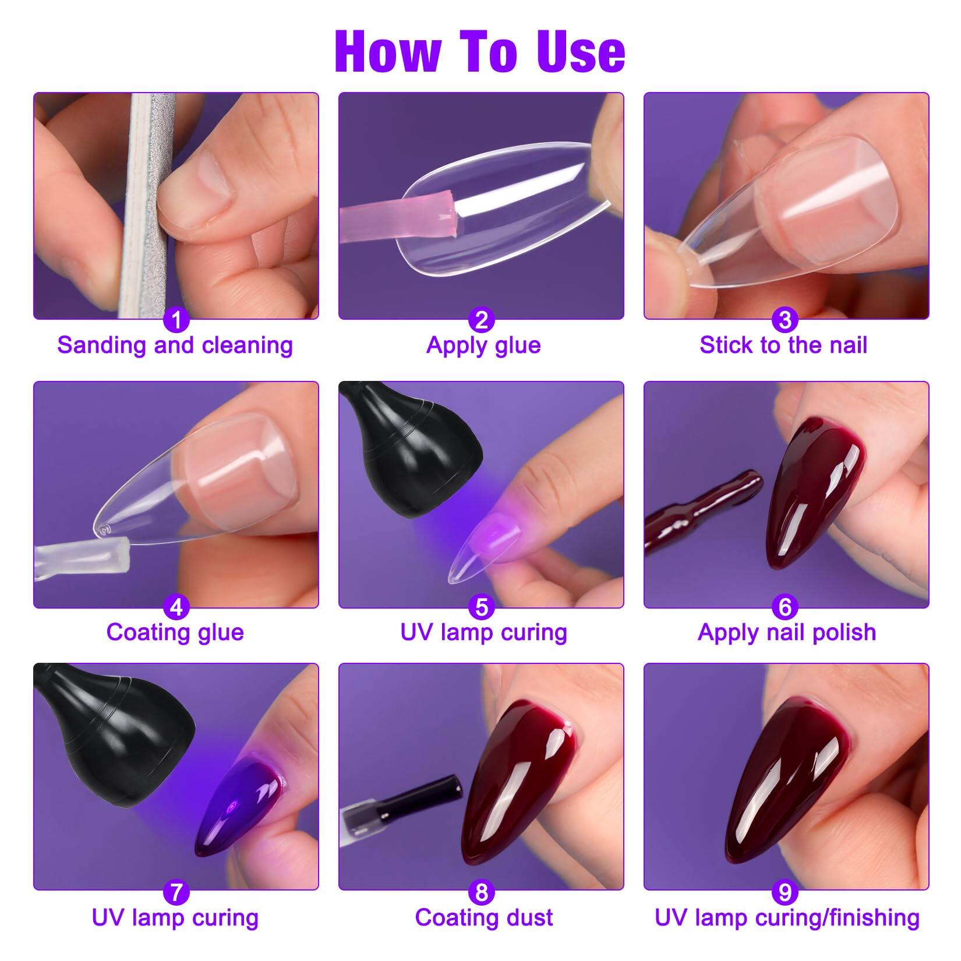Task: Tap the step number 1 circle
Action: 176,320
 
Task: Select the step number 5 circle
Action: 481,607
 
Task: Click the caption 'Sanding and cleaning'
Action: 175,345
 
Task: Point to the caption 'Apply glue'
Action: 483,345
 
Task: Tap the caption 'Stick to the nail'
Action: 783,345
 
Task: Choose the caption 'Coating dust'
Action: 483,917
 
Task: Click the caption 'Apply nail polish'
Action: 786,632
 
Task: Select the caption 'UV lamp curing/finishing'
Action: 787,917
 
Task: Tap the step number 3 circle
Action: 785,320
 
